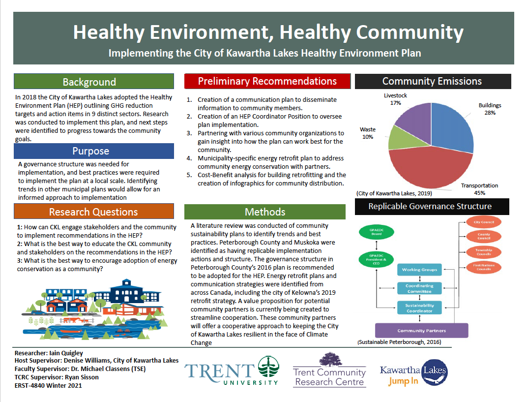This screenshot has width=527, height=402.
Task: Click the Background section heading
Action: tap(89, 82)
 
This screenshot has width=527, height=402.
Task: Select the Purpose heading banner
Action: tap(94, 151)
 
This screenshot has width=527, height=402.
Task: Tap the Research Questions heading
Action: tap(93, 212)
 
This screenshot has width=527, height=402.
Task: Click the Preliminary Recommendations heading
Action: tap(267, 81)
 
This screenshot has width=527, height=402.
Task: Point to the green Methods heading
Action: tap(265, 212)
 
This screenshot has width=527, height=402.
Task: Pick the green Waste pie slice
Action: tap(399, 139)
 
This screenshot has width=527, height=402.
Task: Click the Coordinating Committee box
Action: tap(419, 288)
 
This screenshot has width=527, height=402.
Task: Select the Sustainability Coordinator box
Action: tap(419, 308)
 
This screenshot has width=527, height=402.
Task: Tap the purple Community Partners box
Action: tap(421, 331)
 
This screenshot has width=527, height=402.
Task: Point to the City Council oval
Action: tap(483, 222)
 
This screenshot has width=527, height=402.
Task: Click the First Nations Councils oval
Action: tap(483, 267)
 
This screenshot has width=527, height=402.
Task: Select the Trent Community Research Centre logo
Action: tap(329, 371)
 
